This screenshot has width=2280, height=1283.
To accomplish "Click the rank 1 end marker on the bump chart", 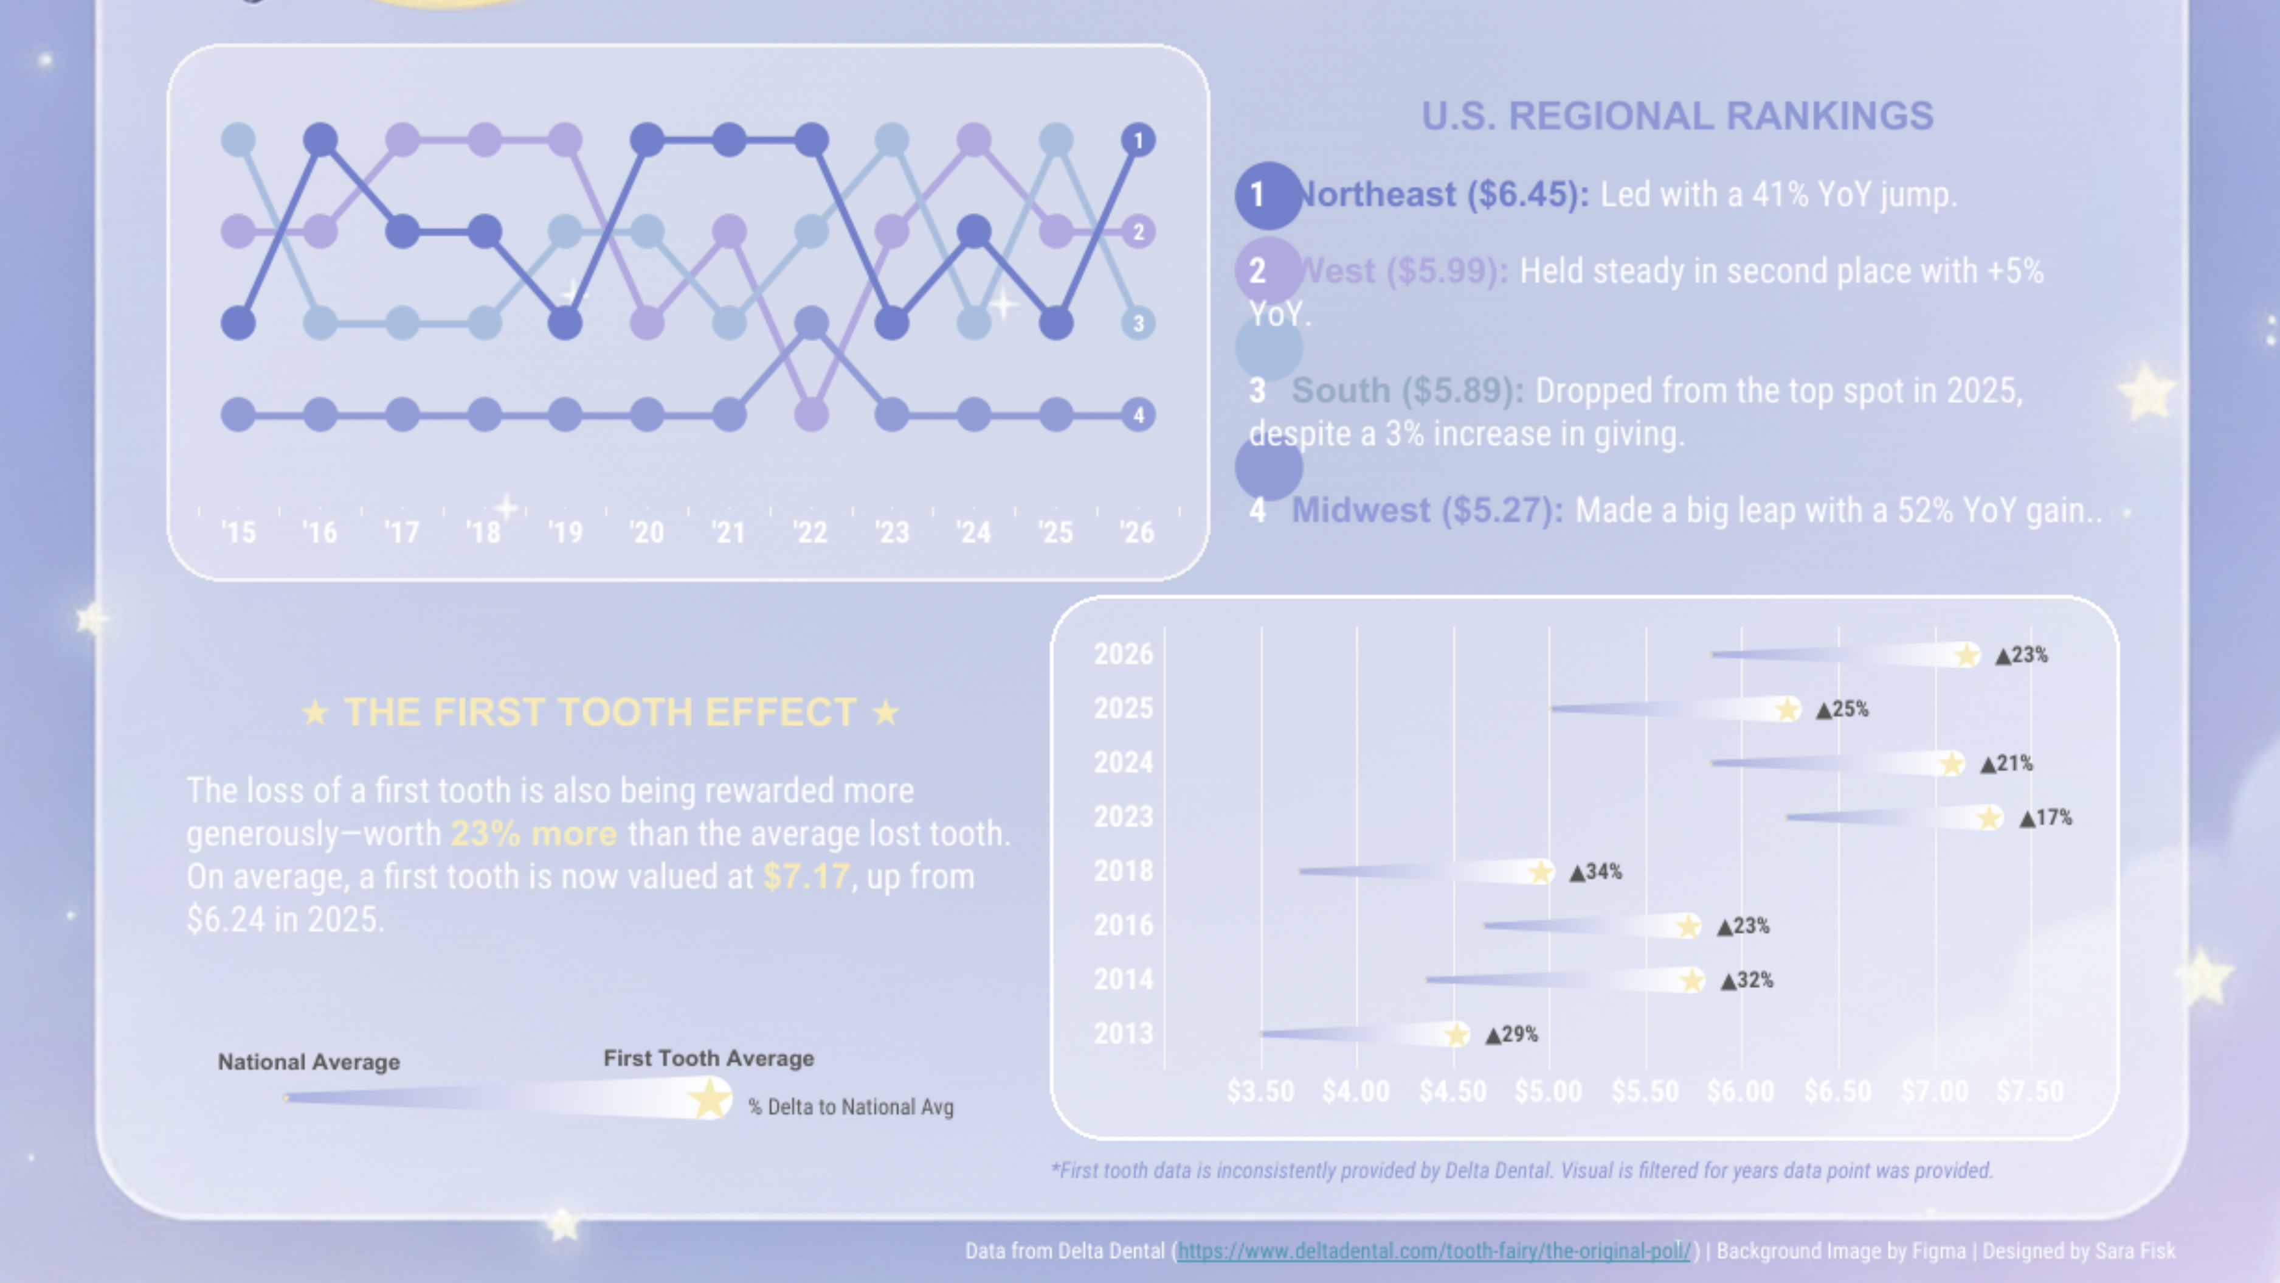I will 1138,140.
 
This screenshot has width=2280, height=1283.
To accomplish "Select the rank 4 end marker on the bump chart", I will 1138,414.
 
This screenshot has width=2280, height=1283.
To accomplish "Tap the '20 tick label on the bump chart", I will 646,532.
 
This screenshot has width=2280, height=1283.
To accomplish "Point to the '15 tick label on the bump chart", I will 238,532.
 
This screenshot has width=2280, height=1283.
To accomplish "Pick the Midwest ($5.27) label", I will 1427,510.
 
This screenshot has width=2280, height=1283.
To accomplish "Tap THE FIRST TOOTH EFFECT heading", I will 599,712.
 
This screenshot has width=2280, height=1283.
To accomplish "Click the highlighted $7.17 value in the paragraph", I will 806,877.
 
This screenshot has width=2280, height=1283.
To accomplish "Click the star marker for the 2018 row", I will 1541,872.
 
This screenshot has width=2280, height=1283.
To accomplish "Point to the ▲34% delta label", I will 1596,872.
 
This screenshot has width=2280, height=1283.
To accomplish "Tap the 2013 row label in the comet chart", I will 1123,1034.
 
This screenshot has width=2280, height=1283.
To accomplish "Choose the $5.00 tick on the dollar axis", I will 1548,1091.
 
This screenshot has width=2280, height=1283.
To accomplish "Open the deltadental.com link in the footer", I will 1434,1251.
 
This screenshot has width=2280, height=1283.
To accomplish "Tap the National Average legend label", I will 309,1062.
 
